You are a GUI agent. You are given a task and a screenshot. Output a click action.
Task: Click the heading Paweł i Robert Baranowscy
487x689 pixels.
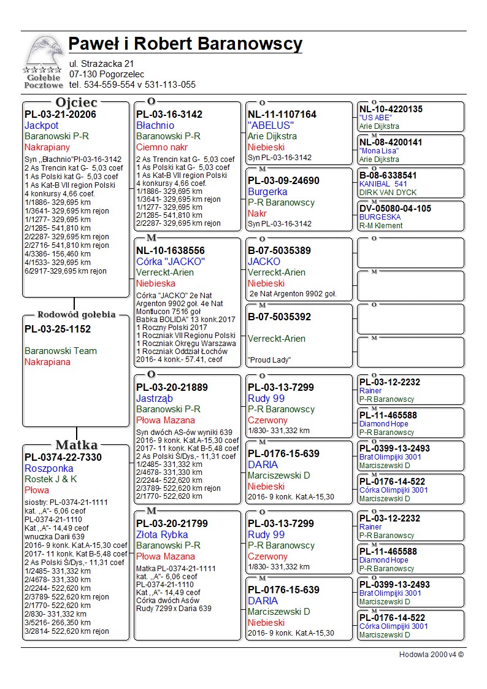coord(185,44)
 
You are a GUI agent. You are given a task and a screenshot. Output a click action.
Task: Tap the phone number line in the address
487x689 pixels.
coord(132,85)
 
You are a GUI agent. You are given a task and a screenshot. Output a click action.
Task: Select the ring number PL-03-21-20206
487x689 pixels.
coord(60,114)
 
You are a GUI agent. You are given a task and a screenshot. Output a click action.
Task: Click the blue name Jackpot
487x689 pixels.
coord(42,125)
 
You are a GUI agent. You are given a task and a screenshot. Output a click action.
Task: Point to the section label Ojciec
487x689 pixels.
coord(76,102)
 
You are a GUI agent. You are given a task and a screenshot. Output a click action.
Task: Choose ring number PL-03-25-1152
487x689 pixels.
coord(58,329)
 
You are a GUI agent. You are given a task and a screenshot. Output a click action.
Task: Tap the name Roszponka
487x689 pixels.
coord(49,468)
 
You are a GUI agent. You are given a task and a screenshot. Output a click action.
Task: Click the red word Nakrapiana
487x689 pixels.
coord(47,362)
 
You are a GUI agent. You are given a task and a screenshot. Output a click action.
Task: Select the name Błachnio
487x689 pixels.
coord(155,125)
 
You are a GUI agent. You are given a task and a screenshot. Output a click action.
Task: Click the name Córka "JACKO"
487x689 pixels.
coord(171,261)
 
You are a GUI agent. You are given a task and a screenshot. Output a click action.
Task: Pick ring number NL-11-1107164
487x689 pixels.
coord(282,114)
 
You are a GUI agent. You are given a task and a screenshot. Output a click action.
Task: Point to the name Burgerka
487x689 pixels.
coord(267,191)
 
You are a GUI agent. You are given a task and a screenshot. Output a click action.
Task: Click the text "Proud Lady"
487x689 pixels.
coord(269,360)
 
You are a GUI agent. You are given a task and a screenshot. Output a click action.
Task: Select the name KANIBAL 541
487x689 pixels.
coord(383,183)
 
